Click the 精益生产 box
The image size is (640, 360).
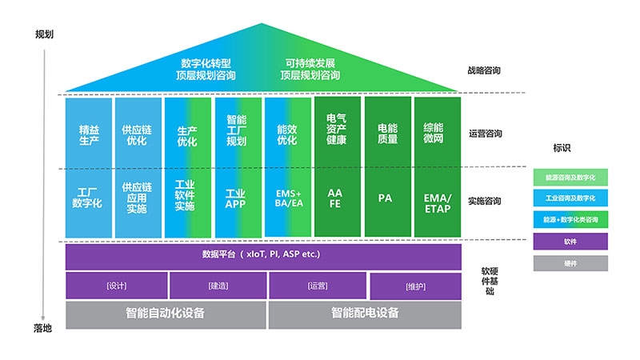click(x=89, y=134)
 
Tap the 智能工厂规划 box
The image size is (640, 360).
click(x=236, y=134)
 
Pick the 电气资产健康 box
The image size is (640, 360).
click(x=337, y=134)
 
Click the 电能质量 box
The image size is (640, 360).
click(x=387, y=134)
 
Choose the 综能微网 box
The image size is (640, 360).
click(x=438, y=134)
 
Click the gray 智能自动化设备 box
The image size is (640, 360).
click(x=165, y=314)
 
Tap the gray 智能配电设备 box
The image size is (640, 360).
click(x=365, y=314)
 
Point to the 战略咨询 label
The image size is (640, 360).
click(x=484, y=70)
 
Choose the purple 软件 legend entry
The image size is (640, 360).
click(x=570, y=241)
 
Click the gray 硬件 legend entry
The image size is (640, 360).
click(x=570, y=262)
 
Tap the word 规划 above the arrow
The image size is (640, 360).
click(x=45, y=35)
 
